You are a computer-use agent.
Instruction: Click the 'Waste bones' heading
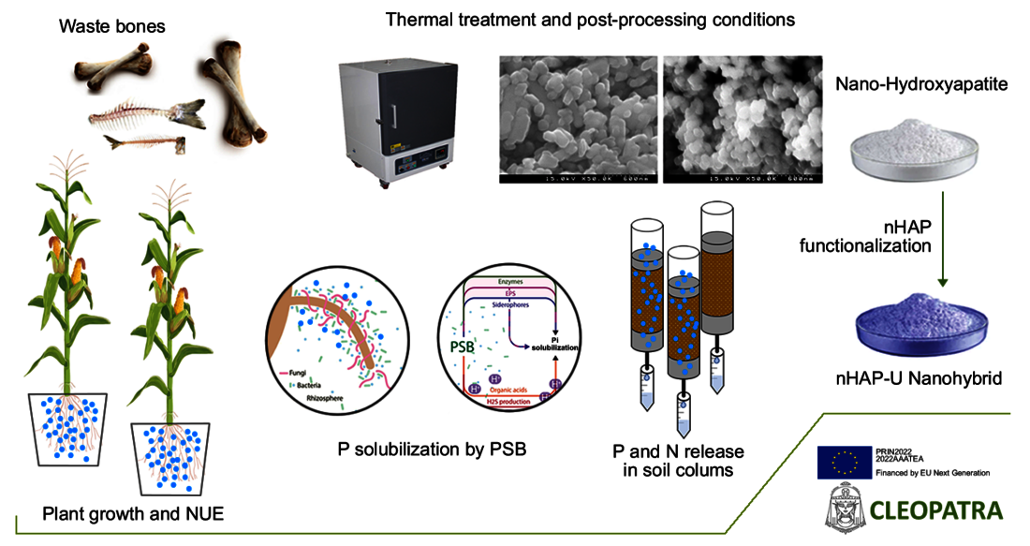[112, 26]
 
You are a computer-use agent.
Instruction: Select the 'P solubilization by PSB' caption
[432, 450]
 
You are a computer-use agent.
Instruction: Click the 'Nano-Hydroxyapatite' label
[906, 85]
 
